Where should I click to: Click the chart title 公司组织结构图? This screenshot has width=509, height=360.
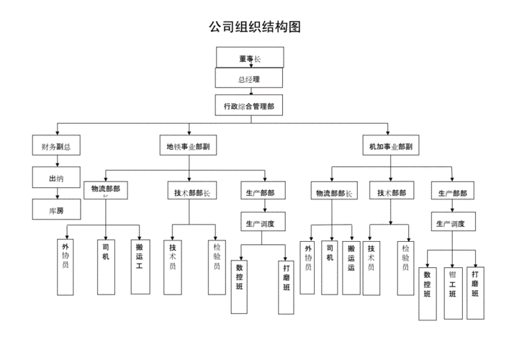pos(254,27)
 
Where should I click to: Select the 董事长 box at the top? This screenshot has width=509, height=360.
pos(249,57)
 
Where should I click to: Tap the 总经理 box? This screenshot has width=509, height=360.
pos(248,78)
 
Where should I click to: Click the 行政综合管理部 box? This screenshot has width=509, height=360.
pos(248,105)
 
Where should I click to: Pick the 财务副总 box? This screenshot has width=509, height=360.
pos(56,146)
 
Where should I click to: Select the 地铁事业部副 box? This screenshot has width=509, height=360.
pos(188,146)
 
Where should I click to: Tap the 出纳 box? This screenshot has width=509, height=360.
pos(56,178)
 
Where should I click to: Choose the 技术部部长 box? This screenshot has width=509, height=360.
pos(190,192)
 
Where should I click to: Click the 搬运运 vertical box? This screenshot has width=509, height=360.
pos(351,266)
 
